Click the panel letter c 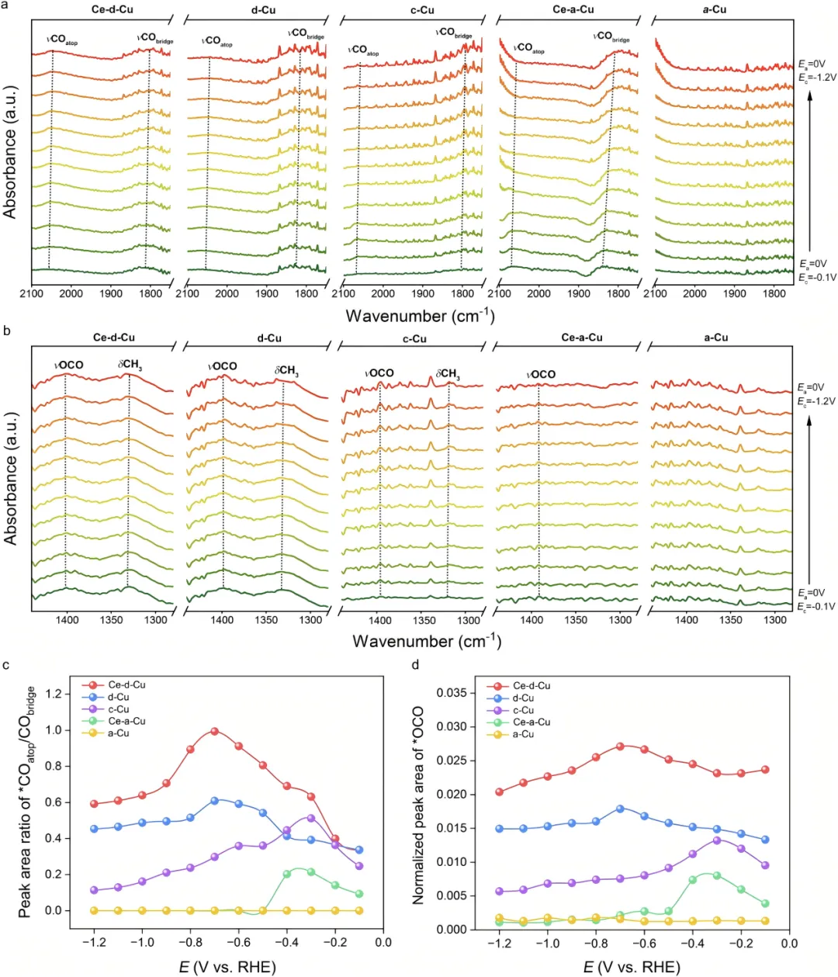[6, 665]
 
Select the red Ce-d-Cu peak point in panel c [215, 731]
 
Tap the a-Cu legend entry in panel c [118, 733]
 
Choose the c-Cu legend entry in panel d [523, 710]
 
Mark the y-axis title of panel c [26, 802]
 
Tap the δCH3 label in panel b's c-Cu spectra [448, 374]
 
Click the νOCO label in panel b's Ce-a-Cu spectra [541, 374]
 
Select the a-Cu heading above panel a [715, 9]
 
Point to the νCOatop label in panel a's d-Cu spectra [216, 41]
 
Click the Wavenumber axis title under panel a [420, 316]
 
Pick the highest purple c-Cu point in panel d [717, 840]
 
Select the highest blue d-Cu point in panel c [215, 800]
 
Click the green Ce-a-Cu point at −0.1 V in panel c [359, 894]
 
